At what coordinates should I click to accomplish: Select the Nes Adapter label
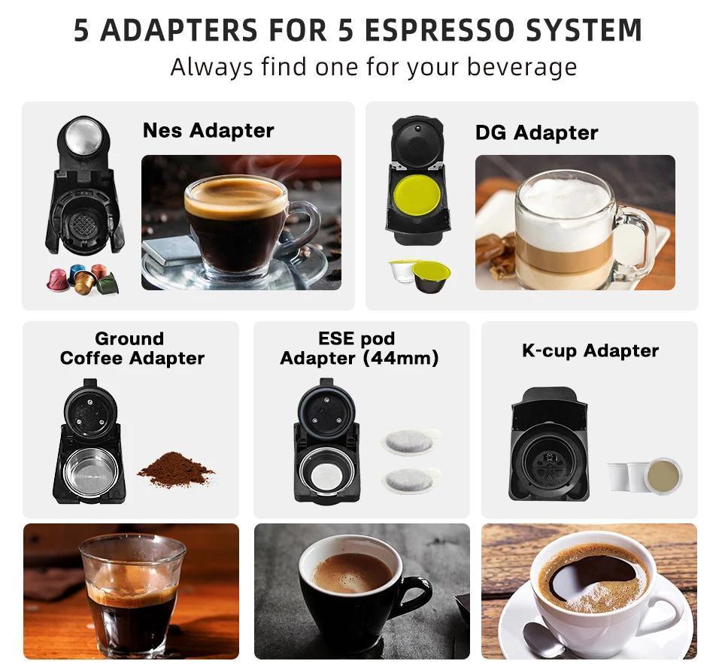(208, 130)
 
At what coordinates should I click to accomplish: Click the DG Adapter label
(536, 133)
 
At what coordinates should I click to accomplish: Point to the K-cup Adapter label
(590, 351)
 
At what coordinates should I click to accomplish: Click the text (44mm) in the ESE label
(401, 359)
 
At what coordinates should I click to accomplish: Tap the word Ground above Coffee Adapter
(129, 338)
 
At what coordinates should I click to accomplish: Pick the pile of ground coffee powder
(175, 471)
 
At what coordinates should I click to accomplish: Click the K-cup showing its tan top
(663, 475)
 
